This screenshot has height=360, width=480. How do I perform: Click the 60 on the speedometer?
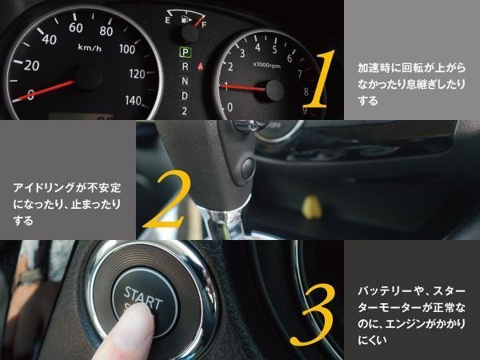[76, 28]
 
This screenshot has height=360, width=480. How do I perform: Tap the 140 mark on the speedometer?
[134, 101]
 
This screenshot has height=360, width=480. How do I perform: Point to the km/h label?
[90, 47]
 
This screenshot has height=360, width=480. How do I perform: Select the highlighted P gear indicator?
[186, 52]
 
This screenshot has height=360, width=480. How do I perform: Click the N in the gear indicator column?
[185, 81]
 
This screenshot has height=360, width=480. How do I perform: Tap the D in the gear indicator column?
[185, 96]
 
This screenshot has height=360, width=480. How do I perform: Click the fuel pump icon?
[185, 20]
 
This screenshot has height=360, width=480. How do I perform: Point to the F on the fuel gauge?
[204, 25]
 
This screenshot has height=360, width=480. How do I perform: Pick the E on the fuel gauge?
[167, 20]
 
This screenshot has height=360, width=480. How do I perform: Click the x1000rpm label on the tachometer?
[266, 66]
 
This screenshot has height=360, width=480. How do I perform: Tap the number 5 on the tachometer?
[274, 50]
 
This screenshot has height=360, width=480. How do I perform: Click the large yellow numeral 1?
[319, 79]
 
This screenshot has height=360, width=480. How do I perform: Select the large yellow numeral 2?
[166, 199]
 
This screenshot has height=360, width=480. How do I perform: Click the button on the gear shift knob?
[247, 168]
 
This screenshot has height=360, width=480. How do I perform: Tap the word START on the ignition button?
[142, 298]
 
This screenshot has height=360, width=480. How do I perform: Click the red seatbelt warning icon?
[201, 66]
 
